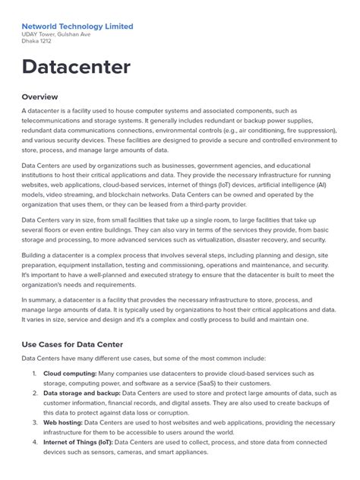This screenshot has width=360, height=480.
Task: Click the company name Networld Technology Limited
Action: (x=77, y=26)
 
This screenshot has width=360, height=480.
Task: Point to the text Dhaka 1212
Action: (x=37, y=44)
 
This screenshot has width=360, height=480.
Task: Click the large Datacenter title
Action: (x=76, y=67)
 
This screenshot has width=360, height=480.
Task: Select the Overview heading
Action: (x=39, y=96)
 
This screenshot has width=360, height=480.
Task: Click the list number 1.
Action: (x=34, y=374)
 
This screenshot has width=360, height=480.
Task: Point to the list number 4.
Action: (x=34, y=442)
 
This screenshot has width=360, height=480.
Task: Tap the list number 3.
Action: (x=34, y=422)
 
